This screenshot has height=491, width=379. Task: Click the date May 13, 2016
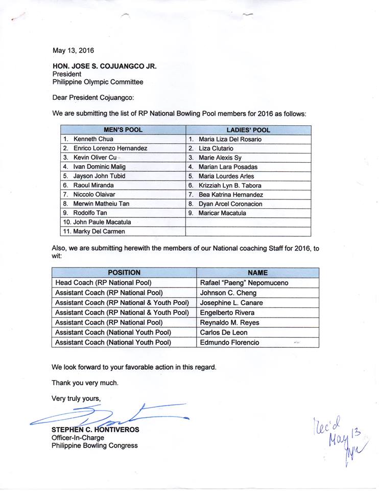(73, 50)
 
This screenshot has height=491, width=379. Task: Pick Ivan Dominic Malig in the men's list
(99, 167)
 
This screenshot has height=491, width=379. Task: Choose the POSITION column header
(124, 273)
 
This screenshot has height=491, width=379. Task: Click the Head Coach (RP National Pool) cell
(103, 283)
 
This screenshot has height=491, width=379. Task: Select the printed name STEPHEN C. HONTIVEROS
(95, 430)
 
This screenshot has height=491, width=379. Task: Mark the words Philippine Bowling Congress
(94, 445)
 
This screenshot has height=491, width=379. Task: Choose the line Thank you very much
(85, 383)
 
